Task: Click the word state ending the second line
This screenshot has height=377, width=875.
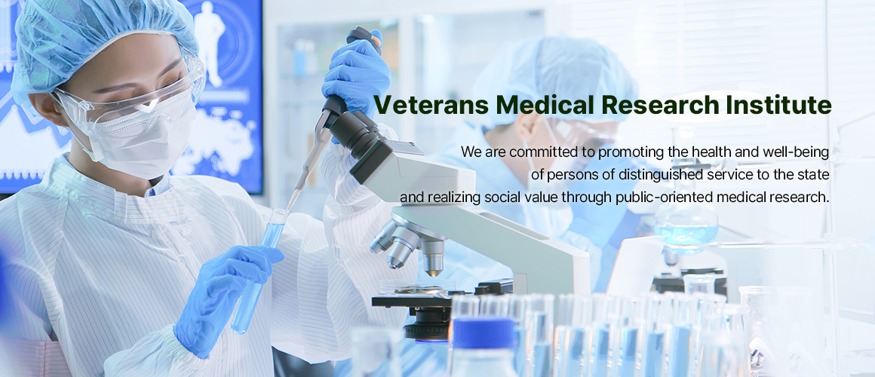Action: tap(815, 175)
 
